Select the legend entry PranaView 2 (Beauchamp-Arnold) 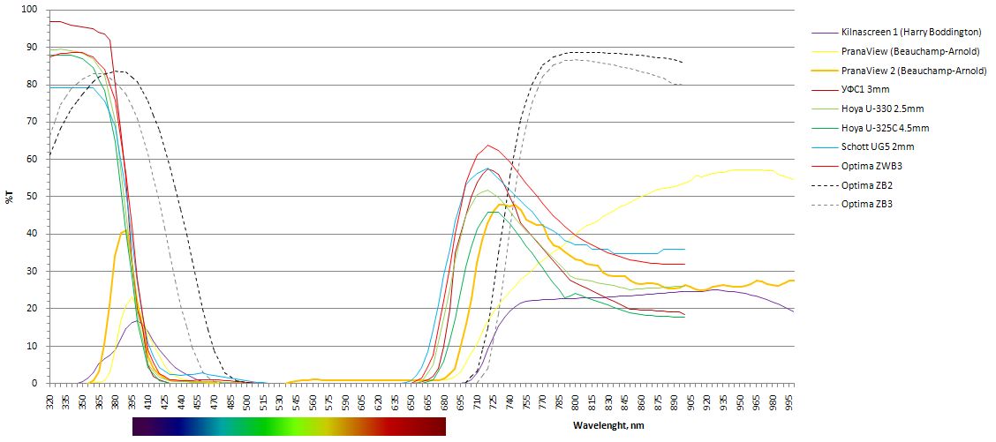[x=914, y=71]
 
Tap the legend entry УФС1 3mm [x=867, y=89]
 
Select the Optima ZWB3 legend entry [x=871, y=166]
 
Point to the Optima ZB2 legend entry [x=868, y=185]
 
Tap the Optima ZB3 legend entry [x=868, y=204]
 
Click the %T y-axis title [x=10, y=197]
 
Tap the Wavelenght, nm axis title [x=609, y=425]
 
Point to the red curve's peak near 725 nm [x=487, y=145]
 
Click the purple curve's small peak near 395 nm [x=134, y=321]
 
